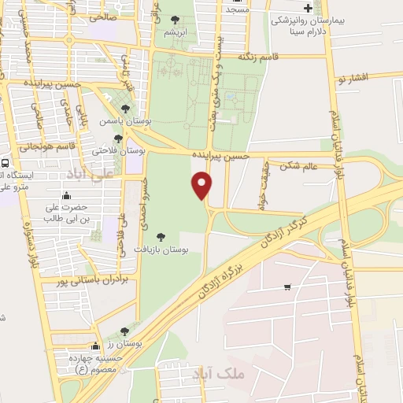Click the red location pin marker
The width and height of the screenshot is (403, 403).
pos(202,185)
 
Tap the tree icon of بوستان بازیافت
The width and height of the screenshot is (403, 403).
pos(161,235)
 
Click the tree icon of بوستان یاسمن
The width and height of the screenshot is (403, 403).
pos(125,109)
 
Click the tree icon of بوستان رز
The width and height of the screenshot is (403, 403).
pos(124,332)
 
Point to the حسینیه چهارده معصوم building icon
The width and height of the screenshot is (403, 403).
pos(96,346)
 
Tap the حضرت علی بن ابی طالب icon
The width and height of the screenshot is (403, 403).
pos(65,197)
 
